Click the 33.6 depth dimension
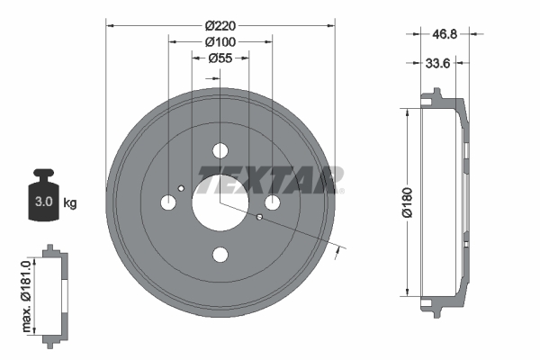(436, 62)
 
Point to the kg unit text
(69, 203)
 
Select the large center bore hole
(220, 202)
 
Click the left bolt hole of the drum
(168, 202)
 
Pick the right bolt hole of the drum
(272, 202)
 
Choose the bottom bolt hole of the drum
(220, 255)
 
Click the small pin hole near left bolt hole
(182, 188)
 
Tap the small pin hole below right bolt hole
(259, 217)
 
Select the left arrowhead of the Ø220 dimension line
(110, 25)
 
